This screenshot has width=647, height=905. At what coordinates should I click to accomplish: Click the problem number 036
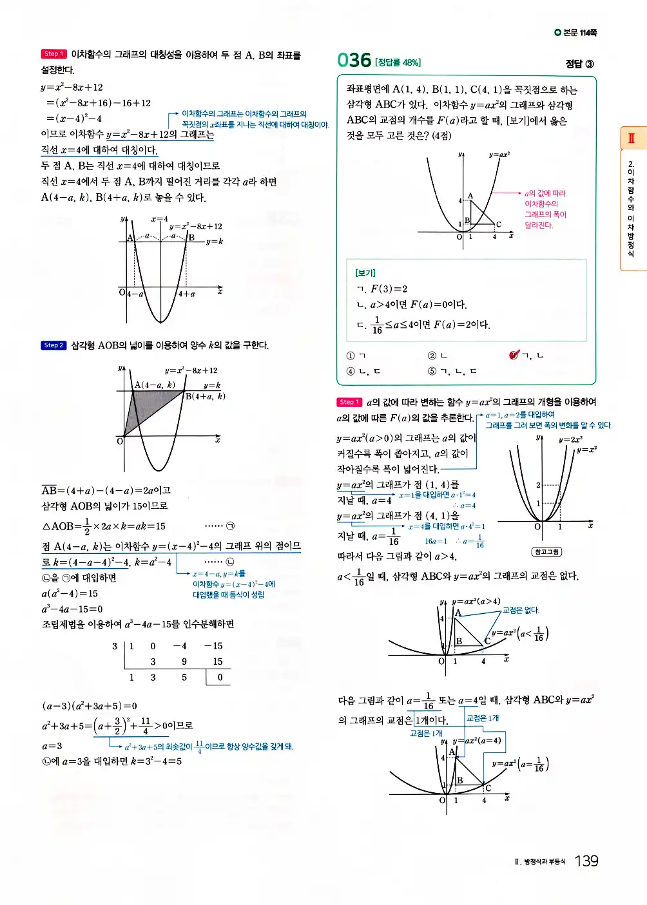point(354,60)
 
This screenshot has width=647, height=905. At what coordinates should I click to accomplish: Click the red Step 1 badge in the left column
point(53,54)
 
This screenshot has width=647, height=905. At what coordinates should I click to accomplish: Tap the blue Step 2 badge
point(53,345)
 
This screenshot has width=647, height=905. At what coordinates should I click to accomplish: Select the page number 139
point(586,861)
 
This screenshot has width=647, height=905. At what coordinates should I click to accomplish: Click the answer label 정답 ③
point(579,64)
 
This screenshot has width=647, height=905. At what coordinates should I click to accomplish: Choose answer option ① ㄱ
point(356,356)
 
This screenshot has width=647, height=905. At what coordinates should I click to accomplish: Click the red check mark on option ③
point(514,355)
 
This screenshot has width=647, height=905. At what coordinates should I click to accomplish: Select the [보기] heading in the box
point(365,272)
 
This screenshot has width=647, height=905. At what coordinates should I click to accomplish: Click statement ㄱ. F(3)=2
point(382,289)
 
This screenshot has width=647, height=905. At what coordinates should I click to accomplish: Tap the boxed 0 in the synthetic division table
point(219,678)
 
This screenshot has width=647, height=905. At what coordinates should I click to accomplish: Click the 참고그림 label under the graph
point(546,552)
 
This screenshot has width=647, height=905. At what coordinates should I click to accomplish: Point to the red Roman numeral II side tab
point(632,138)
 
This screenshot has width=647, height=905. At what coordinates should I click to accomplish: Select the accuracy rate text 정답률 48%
point(398,62)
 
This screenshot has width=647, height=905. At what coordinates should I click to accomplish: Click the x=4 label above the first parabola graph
point(159,219)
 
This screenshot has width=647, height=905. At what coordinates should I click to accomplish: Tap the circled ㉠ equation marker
point(230,526)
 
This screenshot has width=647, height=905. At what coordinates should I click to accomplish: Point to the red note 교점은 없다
point(521,610)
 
